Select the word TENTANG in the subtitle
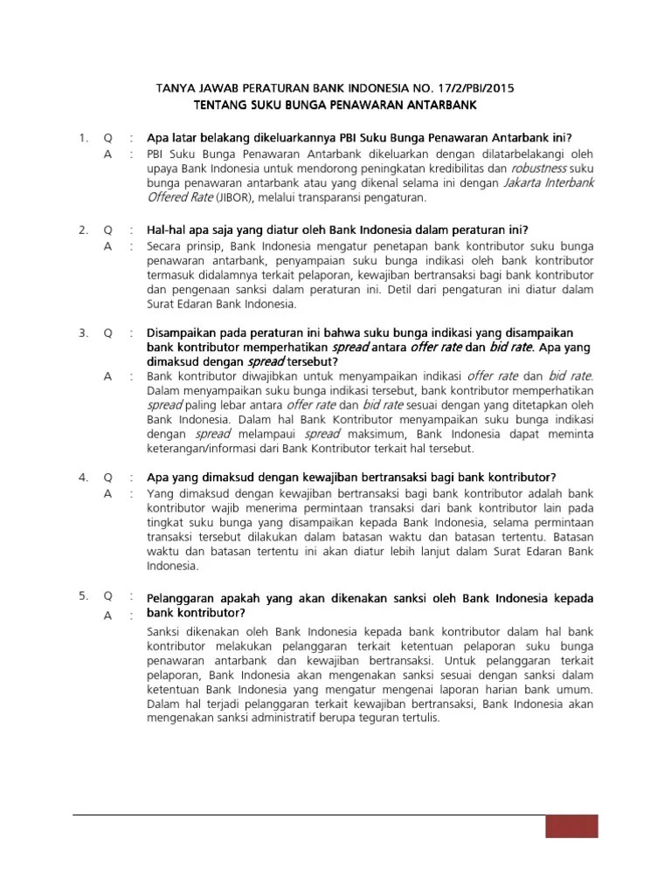click(221, 105)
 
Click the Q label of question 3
click(107, 333)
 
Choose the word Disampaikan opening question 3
click(189, 333)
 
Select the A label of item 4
click(107, 493)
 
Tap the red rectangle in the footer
click(571, 827)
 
